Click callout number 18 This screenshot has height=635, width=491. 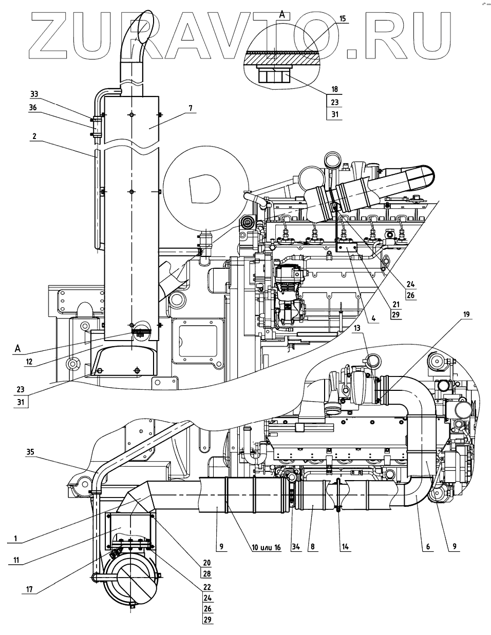point(334,89)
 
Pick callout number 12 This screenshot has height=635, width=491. point(29,362)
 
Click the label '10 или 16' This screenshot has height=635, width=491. point(266,547)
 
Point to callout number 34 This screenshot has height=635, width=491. point(296,547)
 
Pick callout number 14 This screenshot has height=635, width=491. point(345,547)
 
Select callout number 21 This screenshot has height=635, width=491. point(395,304)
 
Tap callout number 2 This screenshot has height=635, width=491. point(34,137)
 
